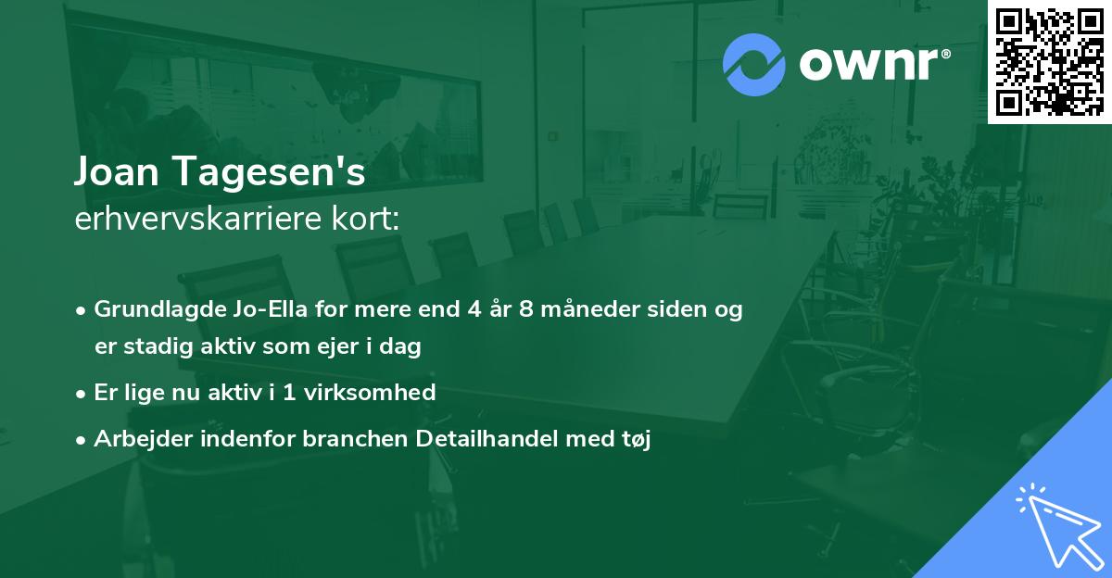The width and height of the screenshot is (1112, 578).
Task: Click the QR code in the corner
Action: point(1050,62)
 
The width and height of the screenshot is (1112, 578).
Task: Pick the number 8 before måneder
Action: point(525,310)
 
